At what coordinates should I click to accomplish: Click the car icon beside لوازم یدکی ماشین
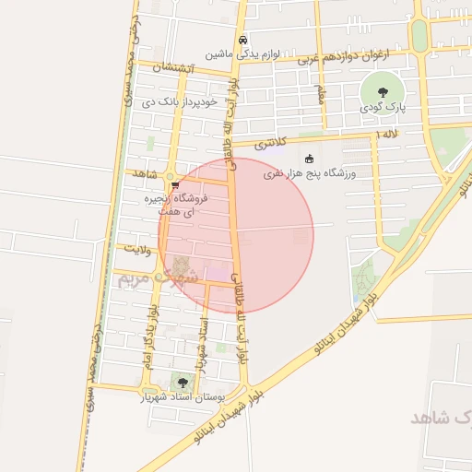point(242,40)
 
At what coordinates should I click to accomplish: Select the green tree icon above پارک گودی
point(379,89)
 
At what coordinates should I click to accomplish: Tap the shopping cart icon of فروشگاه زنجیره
point(174,185)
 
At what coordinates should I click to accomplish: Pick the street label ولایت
point(134,249)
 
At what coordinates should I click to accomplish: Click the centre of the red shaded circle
point(236,235)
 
